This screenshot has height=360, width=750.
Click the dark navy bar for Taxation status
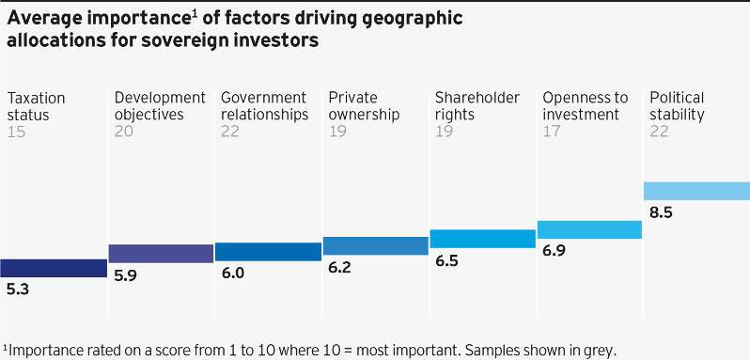[x=53, y=268]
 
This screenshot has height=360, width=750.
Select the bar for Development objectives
[x=161, y=253]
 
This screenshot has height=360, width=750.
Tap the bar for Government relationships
[x=268, y=251]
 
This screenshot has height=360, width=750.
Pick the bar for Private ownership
[x=375, y=245]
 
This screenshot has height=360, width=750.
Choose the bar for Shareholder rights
[x=482, y=239]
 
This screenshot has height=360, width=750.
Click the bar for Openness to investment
[x=589, y=229]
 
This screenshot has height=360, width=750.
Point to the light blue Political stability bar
[x=696, y=191]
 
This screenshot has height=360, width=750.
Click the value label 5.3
[x=18, y=290]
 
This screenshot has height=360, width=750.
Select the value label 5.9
[x=125, y=276]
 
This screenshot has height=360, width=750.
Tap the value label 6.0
[x=232, y=274]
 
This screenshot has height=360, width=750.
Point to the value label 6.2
[x=339, y=268]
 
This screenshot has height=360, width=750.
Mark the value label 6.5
[x=447, y=261]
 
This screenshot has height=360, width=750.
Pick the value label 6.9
[x=555, y=252]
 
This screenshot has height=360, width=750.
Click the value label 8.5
[x=662, y=212]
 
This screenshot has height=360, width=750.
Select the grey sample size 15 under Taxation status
[x=16, y=133]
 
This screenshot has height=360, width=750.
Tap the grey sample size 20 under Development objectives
[x=124, y=133]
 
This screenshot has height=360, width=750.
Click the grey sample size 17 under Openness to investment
[x=552, y=133]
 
